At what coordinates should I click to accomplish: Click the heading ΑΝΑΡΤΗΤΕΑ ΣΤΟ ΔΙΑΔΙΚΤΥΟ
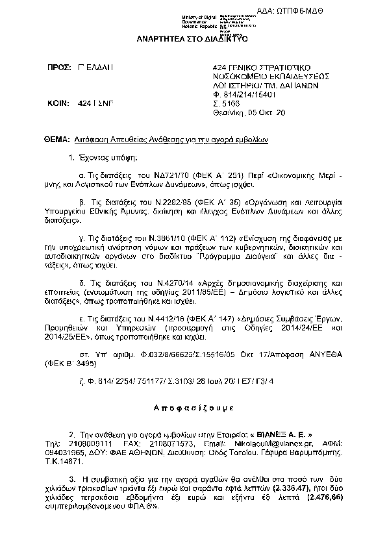coord(193,39)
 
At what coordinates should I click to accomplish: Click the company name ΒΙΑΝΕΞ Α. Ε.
coord(286,432)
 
